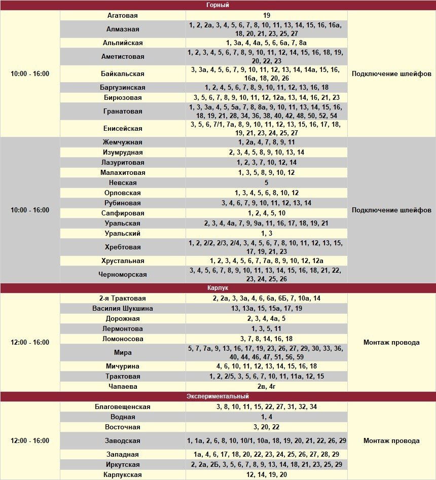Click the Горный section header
coord(218,5)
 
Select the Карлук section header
coord(218,288)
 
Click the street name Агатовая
coord(123,16)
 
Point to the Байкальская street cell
coord(123,73)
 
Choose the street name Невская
coord(123,182)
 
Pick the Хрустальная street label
coord(123,261)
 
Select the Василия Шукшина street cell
coord(123,308)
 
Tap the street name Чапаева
coord(123,386)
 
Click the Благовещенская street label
coord(123,407)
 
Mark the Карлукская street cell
coord(123,474)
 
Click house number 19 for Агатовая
coord(267,16)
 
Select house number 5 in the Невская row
coord(267,182)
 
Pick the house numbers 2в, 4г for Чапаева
coord(267,386)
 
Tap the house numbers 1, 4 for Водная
coord(267,417)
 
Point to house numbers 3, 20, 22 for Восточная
coord(267,427)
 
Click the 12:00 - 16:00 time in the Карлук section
coord(30,342)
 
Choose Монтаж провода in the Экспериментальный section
coord(391,440)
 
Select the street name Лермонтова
coord(123,328)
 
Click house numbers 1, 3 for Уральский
coord(267,233)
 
